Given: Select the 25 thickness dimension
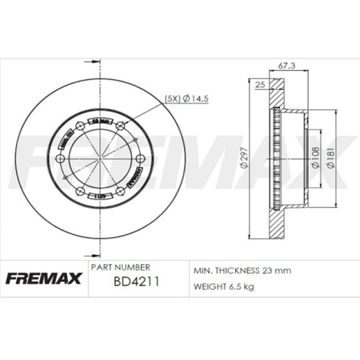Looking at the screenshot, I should (259, 84).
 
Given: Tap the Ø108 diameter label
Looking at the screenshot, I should (315, 157).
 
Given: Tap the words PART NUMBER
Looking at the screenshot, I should (120, 267).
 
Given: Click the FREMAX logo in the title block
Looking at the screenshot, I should (44, 279).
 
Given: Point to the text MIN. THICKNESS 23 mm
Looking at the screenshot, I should (242, 271).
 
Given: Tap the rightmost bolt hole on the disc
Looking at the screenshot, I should (140, 159).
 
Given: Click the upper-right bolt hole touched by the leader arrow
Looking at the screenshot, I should (120, 126).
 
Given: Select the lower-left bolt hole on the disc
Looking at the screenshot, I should (80, 191).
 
